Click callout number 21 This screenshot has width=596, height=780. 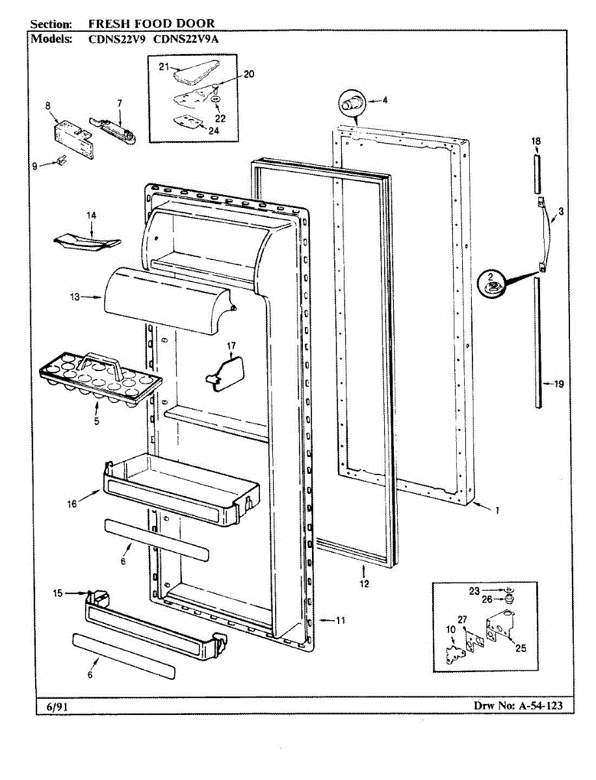164,66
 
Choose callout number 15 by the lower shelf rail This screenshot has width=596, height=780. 58,593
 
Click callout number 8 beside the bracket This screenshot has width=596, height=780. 47,105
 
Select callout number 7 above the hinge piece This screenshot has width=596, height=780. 120,103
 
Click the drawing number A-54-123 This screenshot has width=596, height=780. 525,705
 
